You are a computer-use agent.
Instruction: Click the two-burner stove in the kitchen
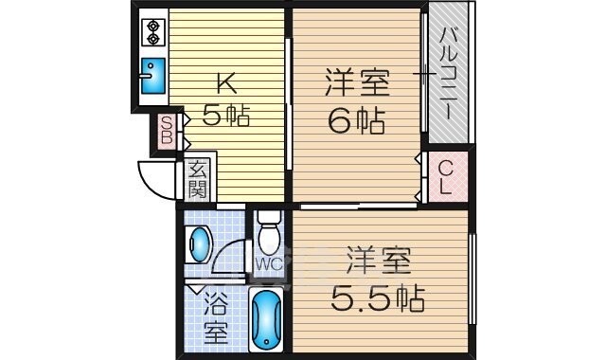[x=152, y=32]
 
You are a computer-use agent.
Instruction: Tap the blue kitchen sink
[x=152, y=76]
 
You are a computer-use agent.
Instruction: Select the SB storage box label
[x=166, y=132]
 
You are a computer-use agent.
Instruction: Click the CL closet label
[x=446, y=177]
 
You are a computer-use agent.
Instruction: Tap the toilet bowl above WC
[x=268, y=233]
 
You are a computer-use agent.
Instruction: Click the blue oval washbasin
[x=200, y=244]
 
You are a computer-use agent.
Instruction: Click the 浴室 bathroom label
[x=217, y=319]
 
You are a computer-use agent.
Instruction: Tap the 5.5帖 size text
[x=377, y=298]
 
